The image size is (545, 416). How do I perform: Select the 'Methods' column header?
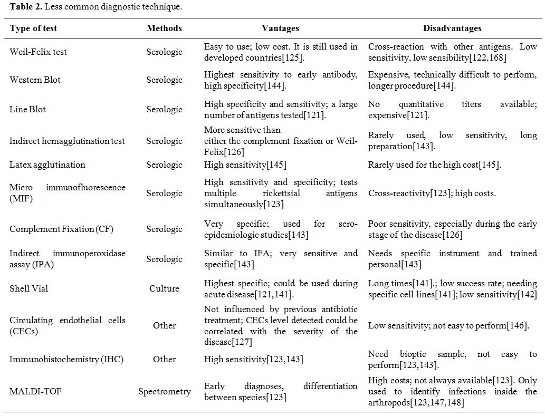click(x=164, y=28)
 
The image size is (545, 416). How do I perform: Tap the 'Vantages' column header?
click(x=280, y=28)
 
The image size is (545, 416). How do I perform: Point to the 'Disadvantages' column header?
click(x=452, y=28)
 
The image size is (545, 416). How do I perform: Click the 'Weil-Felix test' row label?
click(x=38, y=52)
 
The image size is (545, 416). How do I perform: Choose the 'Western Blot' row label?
click(x=35, y=80)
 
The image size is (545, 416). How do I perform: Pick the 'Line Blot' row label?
click(x=27, y=110)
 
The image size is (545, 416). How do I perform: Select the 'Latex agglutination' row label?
click(x=47, y=165)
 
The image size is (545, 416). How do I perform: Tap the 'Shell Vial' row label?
click(x=27, y=289)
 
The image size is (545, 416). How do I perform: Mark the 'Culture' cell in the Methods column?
click(x=164, y=289)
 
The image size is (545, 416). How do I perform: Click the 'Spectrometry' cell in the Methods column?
click(x=164, y=392)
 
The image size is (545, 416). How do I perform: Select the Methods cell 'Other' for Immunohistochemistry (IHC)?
click(x=164, y=360)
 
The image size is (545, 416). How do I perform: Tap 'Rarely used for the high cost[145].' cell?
click(x=434, y=165)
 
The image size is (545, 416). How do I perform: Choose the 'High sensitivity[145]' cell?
click(x=245, y=165)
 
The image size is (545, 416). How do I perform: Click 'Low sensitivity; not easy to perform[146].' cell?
click(x=448, y=326)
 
